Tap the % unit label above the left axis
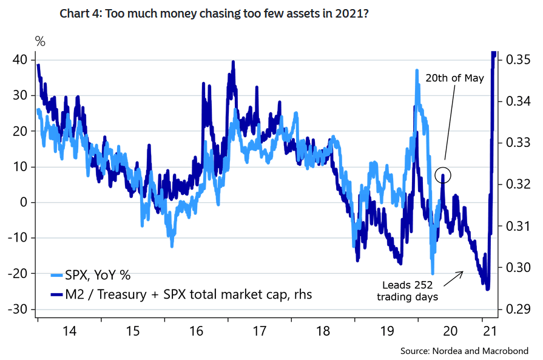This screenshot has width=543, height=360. tap(40, 41)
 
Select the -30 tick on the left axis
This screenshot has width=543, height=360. tap(19, 309)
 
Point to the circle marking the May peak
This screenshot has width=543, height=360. tap(444, 175)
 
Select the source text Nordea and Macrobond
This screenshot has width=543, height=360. tap(464, 350)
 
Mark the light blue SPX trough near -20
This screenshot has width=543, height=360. tap(433, 273)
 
